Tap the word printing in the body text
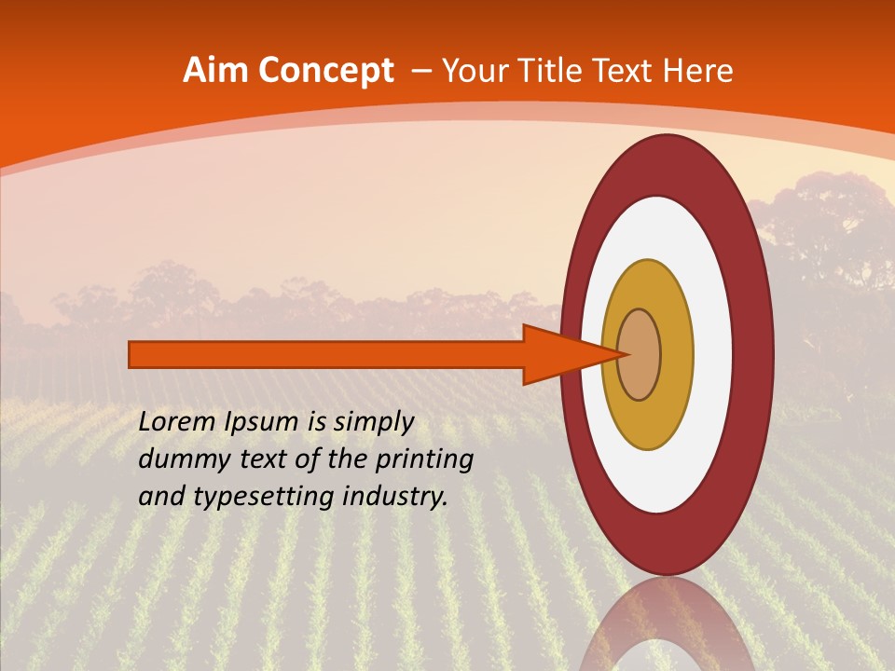[x=425, y=460]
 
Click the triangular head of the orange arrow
[x=569, y=354]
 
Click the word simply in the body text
[x=372, y=422]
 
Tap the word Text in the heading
[x=626, y=71]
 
